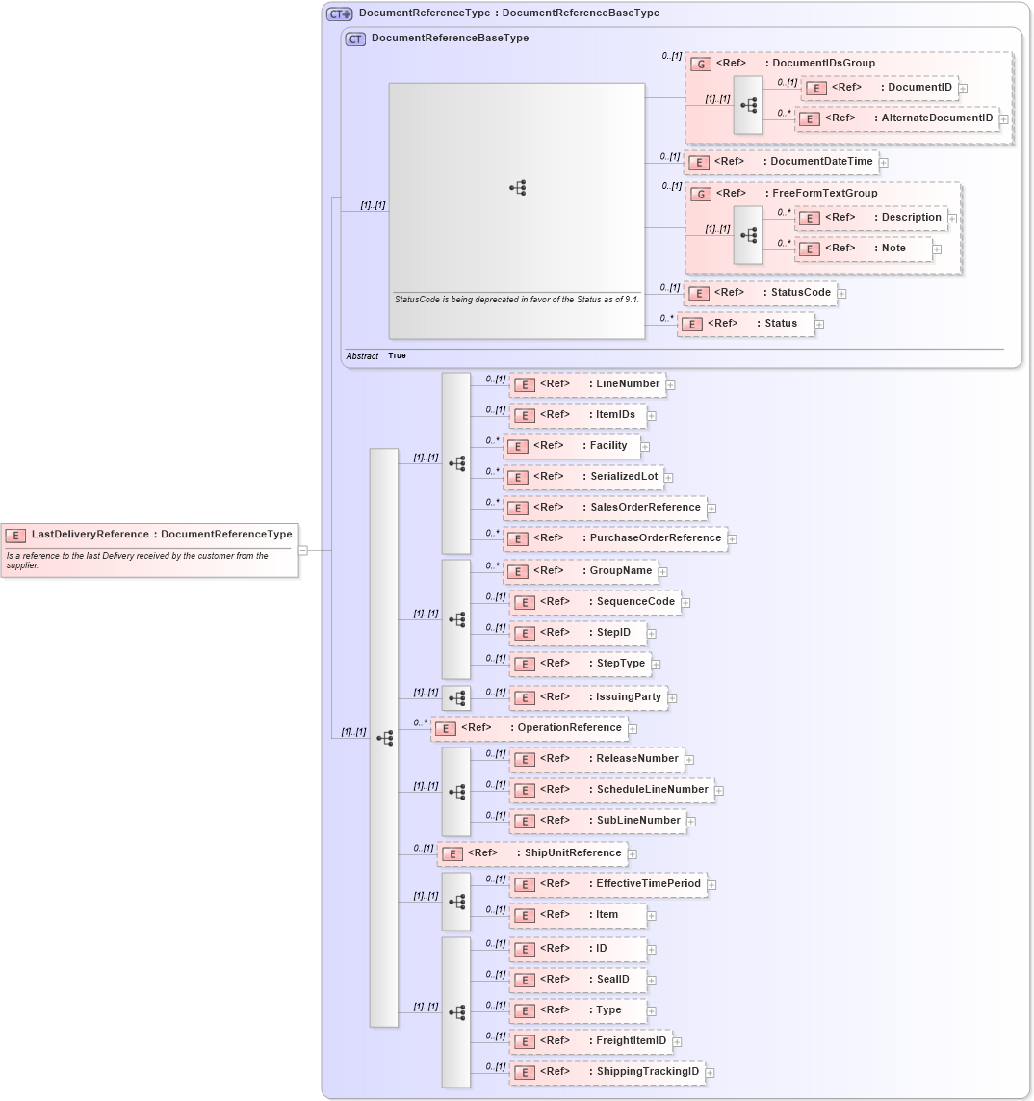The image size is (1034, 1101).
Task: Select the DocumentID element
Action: (x=880, y=88)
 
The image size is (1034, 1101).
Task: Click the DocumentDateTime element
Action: (x=780, y=162)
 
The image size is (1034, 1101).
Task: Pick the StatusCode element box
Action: (x=760, y=293)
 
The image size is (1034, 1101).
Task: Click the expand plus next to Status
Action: (x=819, y=325)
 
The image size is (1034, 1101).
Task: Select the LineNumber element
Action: (x=587, y=384)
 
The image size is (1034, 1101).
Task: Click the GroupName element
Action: (x=581, y=571)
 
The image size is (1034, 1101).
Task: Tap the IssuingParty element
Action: (x=588, y=697)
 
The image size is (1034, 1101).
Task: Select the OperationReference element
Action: (x=529, y=728)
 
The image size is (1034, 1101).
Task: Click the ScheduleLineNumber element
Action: (x=611, y=790)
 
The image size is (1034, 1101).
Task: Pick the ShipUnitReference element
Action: (x=532, y=853)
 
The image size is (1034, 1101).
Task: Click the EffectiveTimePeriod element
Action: (x=607, y=884)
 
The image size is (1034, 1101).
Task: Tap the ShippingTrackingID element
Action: (x=607, y=1072)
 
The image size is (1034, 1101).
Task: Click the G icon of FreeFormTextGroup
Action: (x=702, y=194)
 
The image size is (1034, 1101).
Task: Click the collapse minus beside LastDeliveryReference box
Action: (x=302, y=550)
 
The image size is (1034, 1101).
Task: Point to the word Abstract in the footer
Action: (x=362, y=356)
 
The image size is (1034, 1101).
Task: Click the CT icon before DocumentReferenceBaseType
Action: (x=355, y=39)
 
